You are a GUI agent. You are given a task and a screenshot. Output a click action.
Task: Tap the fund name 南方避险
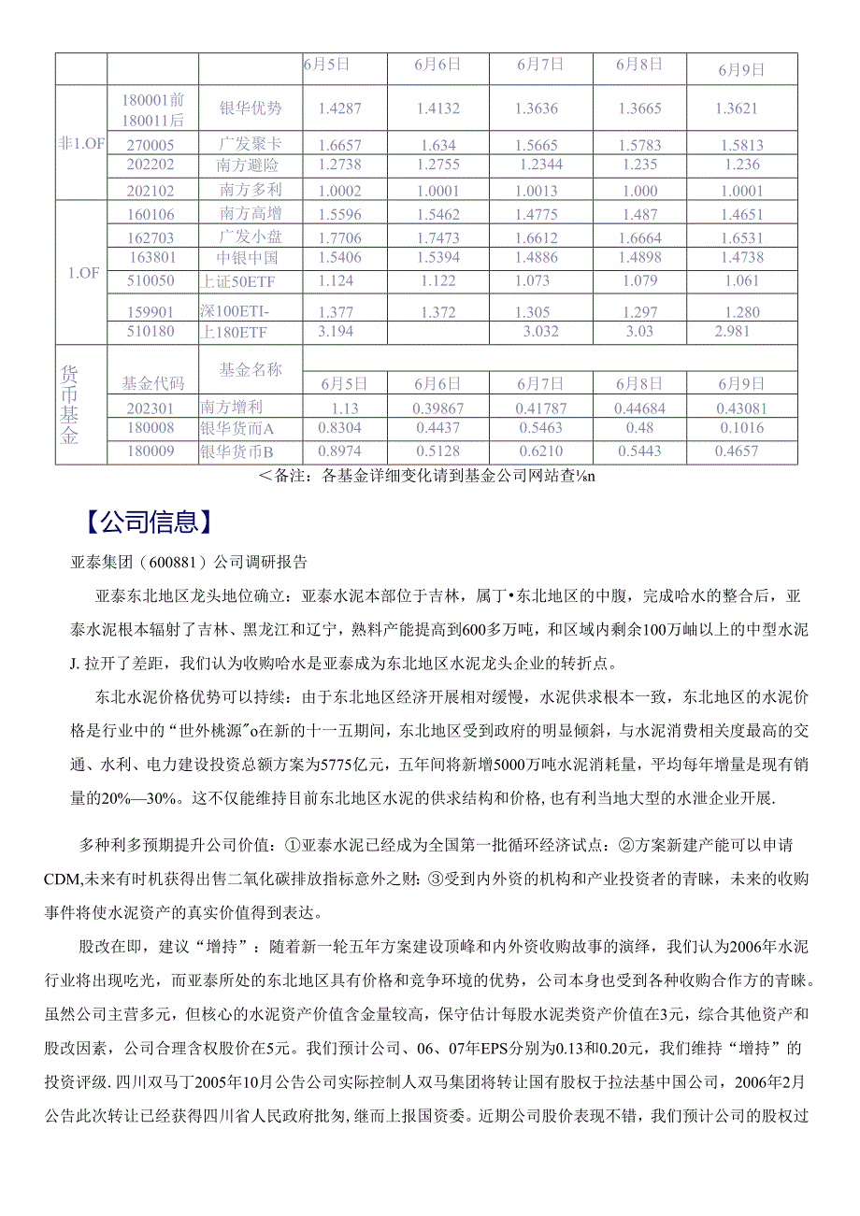coord(250,166)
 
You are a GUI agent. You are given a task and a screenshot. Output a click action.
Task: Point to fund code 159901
coord(153,311)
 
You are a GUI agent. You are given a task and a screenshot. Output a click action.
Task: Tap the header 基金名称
coord(250,369)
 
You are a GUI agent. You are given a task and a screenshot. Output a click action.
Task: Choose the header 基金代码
coord(153,382)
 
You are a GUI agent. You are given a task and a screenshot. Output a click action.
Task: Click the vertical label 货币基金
coord(69,405)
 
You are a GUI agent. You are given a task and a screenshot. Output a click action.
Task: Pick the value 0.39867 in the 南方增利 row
coord(437,407)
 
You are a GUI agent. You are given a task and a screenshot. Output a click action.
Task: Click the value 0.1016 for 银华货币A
coord(740,428)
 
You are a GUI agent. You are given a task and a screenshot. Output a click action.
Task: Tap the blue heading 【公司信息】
coord(144,522)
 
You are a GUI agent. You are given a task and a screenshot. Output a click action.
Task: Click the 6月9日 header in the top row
coord(740,69)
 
